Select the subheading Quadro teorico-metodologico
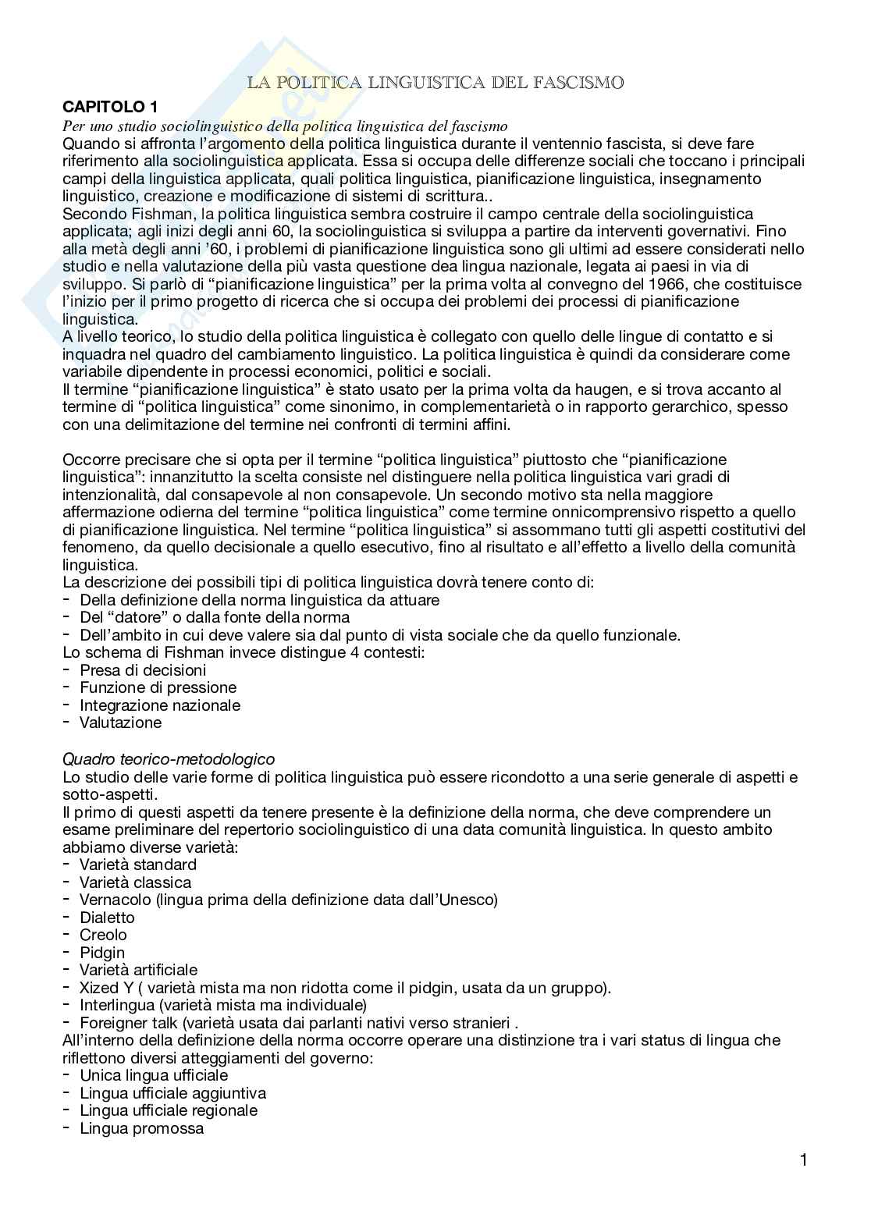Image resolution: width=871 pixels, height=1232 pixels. [168, 758]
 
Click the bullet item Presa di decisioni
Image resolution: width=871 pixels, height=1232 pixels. [143, 669]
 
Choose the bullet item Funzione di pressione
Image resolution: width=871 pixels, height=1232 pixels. [158, 687]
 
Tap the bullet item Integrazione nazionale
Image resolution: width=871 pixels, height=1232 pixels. [160, 705]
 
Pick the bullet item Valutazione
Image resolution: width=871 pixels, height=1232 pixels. [120, 723]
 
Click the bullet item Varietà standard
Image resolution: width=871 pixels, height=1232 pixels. [137, 865]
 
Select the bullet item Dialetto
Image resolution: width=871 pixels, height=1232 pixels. [107, 918]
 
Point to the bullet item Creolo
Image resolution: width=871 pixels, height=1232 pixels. [103, 935]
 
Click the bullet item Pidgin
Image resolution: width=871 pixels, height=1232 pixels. [102, 953]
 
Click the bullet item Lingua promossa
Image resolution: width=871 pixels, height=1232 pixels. [141, 1128]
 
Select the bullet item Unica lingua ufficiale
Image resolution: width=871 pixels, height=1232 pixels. [154, 1075]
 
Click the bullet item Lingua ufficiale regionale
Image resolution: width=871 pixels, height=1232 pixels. [169, 1110]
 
